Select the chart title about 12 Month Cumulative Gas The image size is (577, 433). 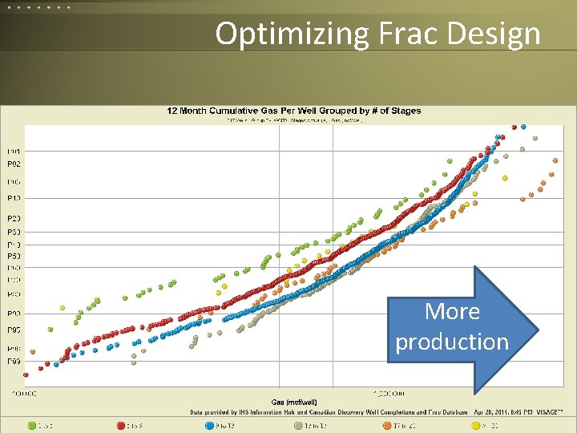tap(293, 111)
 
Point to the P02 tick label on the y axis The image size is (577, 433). tap(14, 164)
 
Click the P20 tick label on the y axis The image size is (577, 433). tap(14, 218)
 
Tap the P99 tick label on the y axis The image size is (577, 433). tap(14, 362)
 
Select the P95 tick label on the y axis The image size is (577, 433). tap(14, 330)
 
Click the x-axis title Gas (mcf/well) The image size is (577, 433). tap(293, 401)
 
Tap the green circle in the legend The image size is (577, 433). tap(32, 426)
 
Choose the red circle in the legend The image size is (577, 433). tap(122, 426)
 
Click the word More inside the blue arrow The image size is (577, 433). tap(452, 311)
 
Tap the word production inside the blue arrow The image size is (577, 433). tap(452, 342)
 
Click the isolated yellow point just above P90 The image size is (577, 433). tap(63, 308)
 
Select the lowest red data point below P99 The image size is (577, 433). tap(26, 374)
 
